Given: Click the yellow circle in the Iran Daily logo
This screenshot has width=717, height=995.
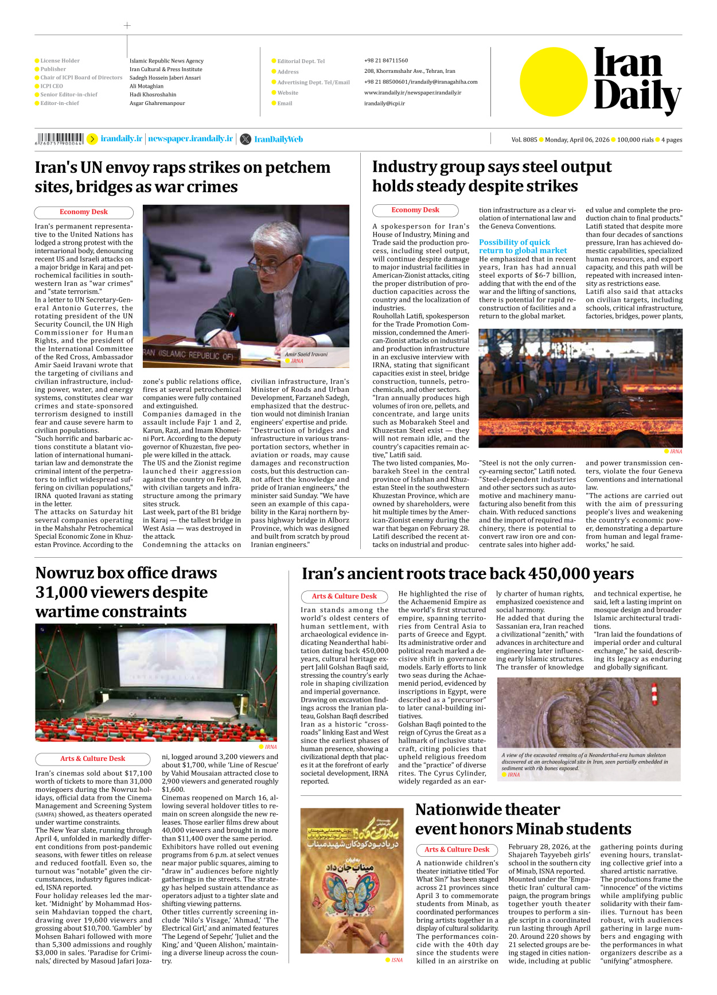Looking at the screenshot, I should point(554,81).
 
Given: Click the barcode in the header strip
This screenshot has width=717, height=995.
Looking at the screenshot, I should point(60,138).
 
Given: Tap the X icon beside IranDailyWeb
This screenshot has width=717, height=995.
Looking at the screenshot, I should point(246,139).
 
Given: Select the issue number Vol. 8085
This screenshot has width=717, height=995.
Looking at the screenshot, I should point(524,139).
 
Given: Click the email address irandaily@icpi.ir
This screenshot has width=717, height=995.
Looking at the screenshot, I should point(384,104).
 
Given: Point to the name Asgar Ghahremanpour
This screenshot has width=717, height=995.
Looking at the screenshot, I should point(157,103).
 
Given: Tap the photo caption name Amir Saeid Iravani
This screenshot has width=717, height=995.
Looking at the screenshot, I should point(306,354).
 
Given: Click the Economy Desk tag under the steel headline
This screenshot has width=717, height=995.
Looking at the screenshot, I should point(415,210).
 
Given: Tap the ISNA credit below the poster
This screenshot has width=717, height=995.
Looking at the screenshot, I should point(396,960).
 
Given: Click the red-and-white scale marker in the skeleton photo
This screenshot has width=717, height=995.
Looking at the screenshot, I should point(654,695).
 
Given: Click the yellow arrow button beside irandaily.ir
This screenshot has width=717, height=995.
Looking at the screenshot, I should point(92,139).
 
